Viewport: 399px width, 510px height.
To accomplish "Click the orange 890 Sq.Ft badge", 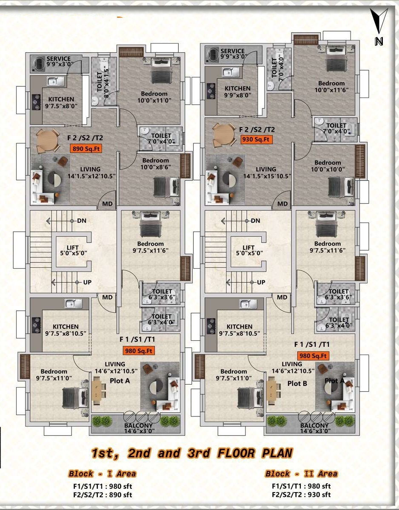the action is (x=86, y=149).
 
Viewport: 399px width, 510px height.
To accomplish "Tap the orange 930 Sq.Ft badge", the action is (x=256, y=139).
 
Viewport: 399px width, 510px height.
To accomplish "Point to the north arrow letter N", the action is (x=379, y=42).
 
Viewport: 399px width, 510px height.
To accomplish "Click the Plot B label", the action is (x=297, y=383).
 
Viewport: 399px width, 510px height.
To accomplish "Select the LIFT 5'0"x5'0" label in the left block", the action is (x=73, y=250).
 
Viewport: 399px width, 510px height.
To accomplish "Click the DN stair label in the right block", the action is (x=255, y=221).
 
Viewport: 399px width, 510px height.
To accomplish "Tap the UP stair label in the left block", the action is (x=87, y=282).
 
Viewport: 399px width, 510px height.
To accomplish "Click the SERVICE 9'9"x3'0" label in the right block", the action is (x=233, y=54).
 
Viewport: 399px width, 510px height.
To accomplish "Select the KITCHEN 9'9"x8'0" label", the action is (x=237, y=92).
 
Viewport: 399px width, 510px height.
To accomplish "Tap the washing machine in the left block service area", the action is (x=39, y=64).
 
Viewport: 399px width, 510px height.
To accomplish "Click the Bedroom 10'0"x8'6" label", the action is (x=155, y=164).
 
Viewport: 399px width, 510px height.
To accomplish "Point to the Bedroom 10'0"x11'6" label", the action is (x=331, y=87).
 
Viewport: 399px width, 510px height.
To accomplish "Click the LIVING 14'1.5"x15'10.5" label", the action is (x=267, y=173).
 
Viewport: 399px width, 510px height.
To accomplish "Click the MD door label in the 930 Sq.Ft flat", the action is (x=282, y=204).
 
